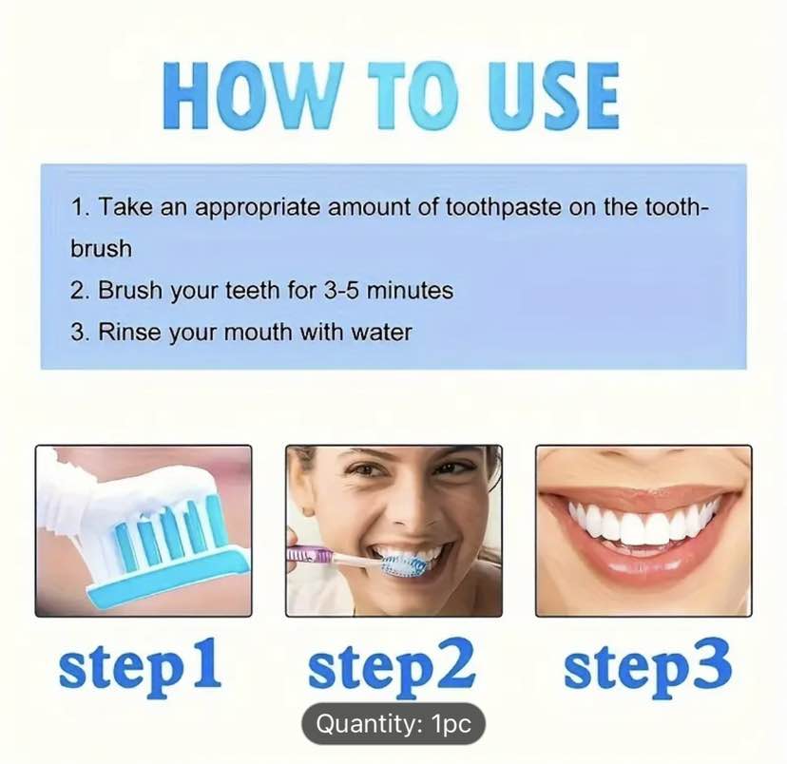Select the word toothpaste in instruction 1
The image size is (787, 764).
[504, 206]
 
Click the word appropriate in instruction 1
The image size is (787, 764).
[258, 208]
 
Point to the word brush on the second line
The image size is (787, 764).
[102, 248]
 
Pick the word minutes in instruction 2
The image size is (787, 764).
[410, 291]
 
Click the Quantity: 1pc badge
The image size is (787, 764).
[393, 724]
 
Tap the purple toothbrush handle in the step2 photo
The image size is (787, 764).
[310, 555]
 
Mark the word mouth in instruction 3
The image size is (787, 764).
[258, 332]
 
